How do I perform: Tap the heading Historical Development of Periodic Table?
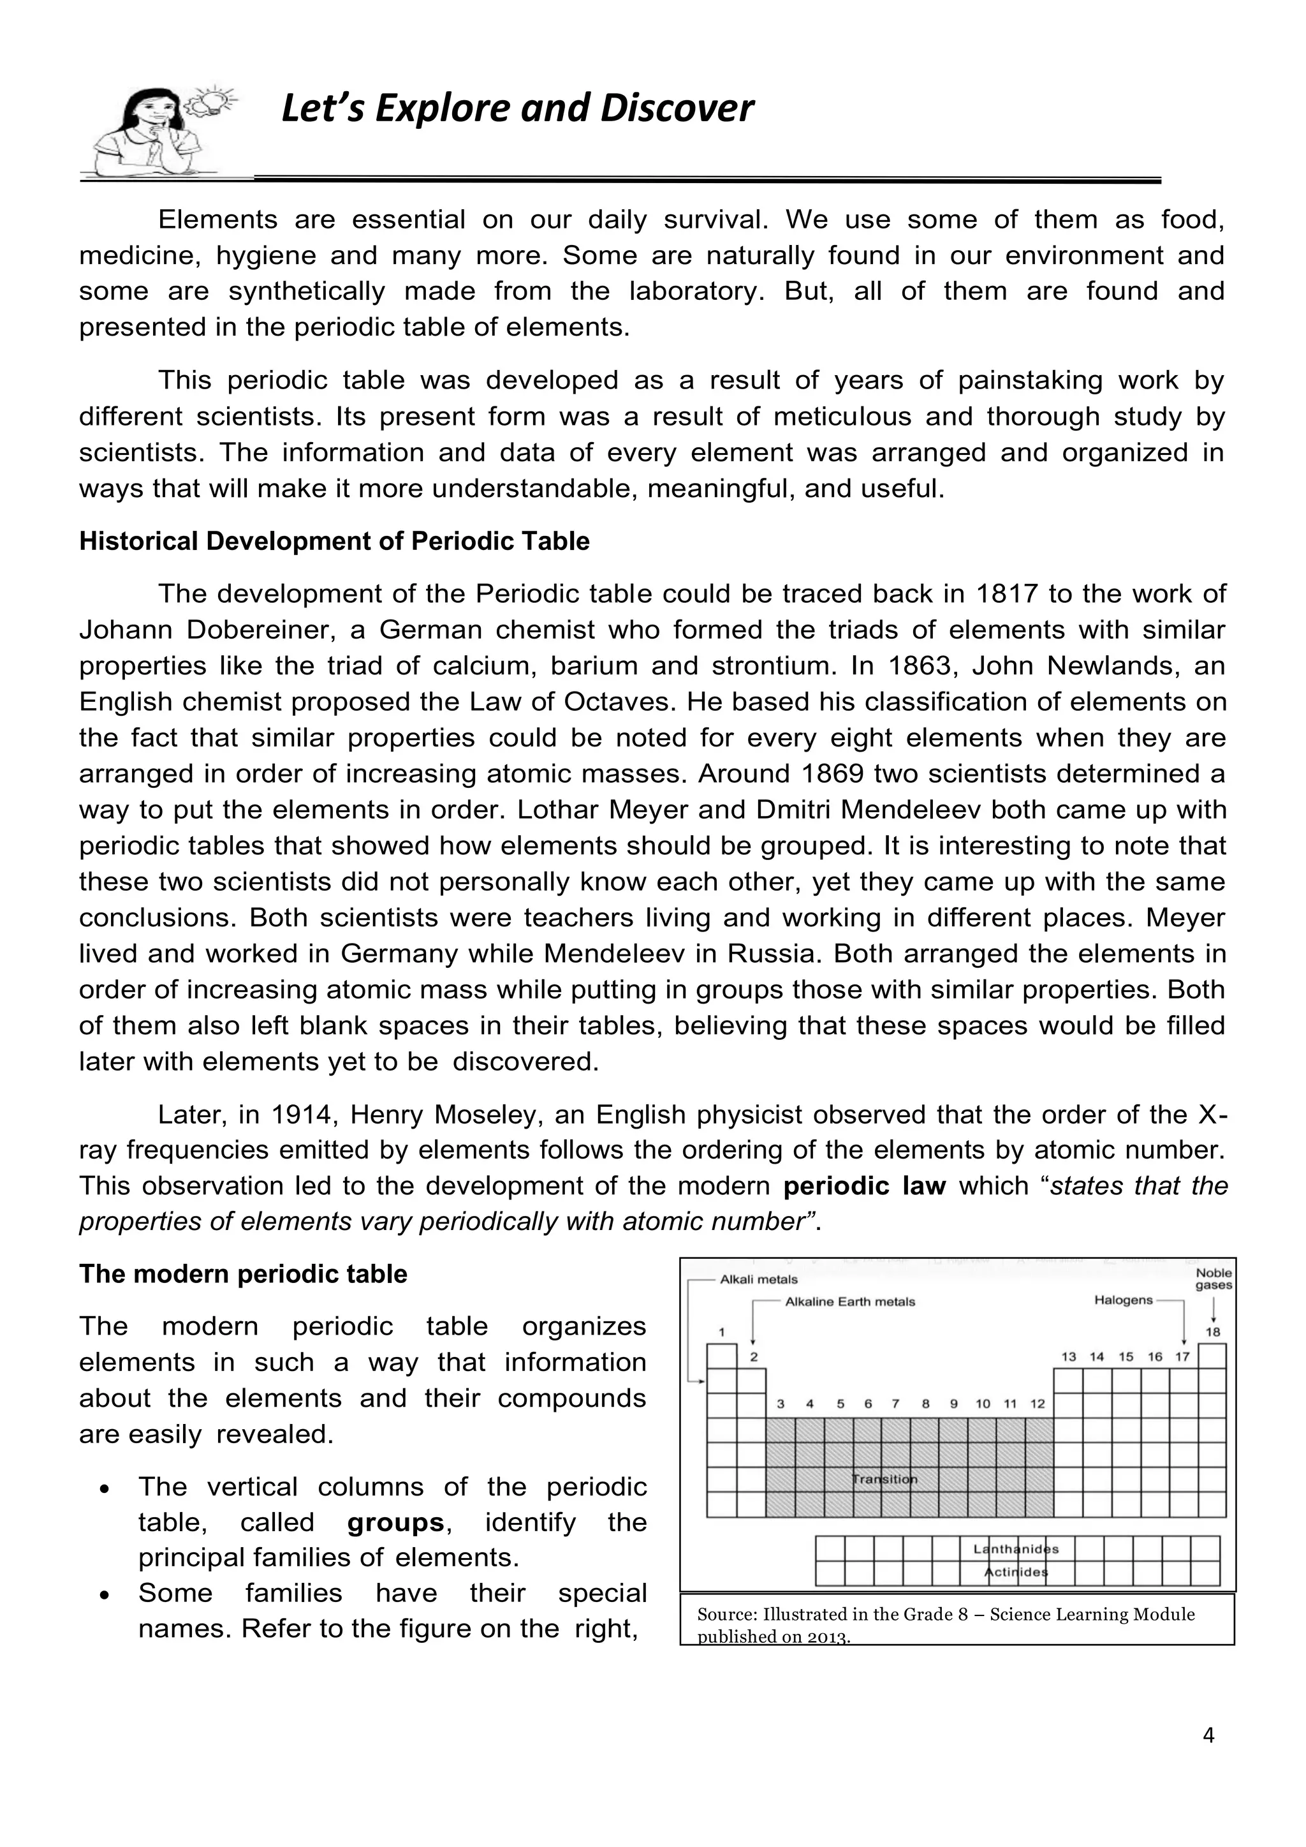334,542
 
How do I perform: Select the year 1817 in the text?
1008,594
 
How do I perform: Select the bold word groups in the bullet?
395,1522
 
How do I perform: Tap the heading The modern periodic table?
243,1274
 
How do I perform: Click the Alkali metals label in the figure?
758,1280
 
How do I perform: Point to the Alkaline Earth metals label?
849,1302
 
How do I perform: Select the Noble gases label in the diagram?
1213,1279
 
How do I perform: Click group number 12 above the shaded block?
1038,1404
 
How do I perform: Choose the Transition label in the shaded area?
884,1479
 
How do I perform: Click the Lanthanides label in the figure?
1016,1548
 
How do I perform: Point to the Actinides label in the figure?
1016,1572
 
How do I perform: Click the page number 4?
1208,1758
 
